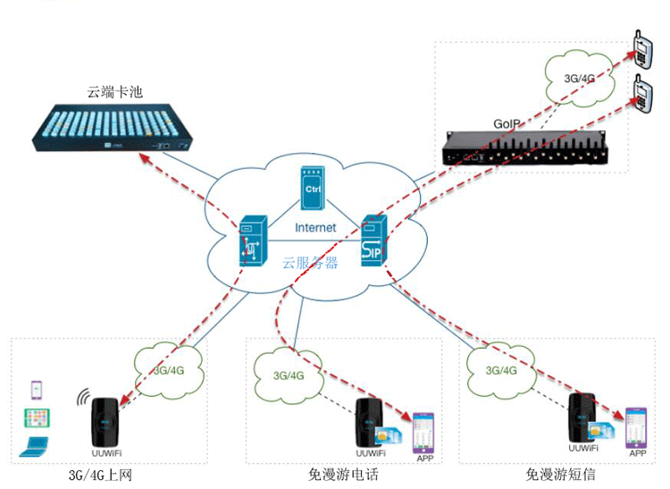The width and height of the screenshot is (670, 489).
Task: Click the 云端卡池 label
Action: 115,92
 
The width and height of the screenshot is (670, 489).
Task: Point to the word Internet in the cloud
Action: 315,228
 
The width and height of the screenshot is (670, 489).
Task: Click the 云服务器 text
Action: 310,263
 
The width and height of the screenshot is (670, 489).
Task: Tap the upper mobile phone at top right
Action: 640,50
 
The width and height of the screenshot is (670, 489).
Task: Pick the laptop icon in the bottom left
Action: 36,444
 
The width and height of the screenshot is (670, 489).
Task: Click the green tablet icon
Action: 37,417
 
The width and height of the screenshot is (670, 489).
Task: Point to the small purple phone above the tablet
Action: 37,390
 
